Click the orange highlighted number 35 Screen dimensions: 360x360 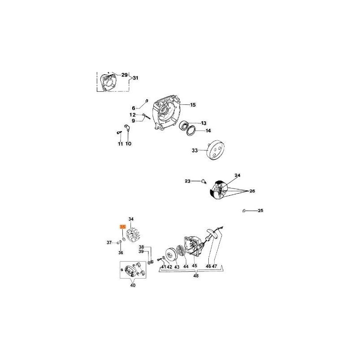pyautogui.click(x=122, y=227)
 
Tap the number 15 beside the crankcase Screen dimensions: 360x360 pyautogui.click(x=193, y=105)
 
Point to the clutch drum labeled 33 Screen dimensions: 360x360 pyautogui.click(x=215, y=150)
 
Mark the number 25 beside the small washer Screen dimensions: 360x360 pyautogui.click(x=260, y=211)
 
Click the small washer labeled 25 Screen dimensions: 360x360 pyautogui.click(x=243, y=211)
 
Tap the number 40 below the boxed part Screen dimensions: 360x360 pyautogui.click(x=132, y=285)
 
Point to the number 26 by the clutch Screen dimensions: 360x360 pyautogui.click(x=252, y=191)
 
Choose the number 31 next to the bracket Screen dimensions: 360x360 pyautogui.click(x=135, y=79)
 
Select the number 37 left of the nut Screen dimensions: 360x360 pyautogui.click(x=109, y=243)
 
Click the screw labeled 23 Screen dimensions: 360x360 pyautogui.click(x=203, y=181)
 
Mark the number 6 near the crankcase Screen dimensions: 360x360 pyautogui.click(x=133, y=108)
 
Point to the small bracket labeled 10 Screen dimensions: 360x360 pyautogui.click(x=128, y=130)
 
